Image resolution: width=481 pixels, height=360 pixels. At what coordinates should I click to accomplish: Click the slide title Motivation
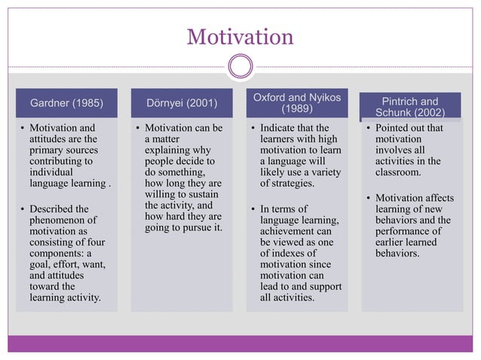pyautogui.click(x=240, y=35)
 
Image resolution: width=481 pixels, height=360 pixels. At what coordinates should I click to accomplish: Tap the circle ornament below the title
pyautogui.click(x=240, y=66)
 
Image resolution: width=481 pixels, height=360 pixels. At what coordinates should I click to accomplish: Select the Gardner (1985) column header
pyautogui.click(x=66, y=102)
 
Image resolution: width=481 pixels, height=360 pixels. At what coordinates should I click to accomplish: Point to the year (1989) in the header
pyautogui.click(x=297, y=108)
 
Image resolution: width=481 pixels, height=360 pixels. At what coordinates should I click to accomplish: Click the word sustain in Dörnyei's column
pyautogui.click(x=206, y=194)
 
